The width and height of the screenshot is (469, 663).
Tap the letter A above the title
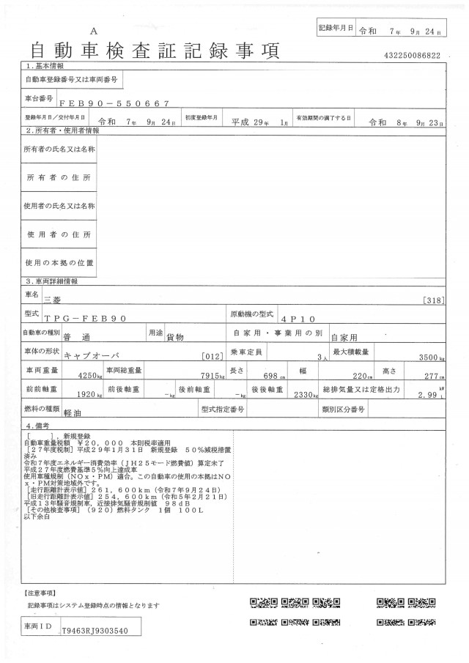point(93,32)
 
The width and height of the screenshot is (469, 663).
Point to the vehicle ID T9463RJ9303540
point(96,629)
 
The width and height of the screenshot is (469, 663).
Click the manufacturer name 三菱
point(74,299)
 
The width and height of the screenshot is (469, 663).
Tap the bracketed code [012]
point(211,357)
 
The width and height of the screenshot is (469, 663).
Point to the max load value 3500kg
point(429,358)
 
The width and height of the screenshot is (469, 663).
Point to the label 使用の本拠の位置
point(60,262)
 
